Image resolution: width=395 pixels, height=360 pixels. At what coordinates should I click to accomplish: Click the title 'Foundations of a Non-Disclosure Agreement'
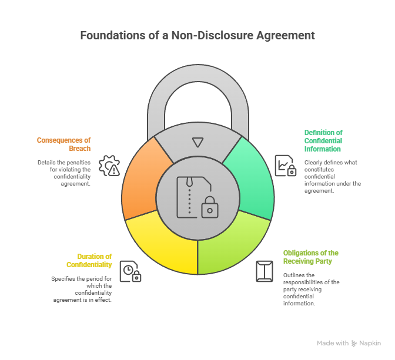pos(197,35)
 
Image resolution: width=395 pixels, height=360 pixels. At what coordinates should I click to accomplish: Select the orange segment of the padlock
pos(141,182)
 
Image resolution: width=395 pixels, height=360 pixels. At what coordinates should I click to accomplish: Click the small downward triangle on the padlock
pos(197,142)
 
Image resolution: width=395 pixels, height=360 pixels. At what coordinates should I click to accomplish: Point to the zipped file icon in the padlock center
pos(197,197)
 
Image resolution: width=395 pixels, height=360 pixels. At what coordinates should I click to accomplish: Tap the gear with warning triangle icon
pos(109,166)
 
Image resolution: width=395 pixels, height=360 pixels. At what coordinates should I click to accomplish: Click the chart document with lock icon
pos(286,166)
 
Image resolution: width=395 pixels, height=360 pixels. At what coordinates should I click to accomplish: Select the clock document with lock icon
pos(130,271)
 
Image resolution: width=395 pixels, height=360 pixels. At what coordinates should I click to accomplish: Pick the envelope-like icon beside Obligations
pos(265,271)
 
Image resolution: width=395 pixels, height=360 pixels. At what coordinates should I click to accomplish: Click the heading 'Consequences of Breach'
pos(63,144)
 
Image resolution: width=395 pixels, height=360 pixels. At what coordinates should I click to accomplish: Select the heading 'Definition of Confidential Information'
pos(323,141)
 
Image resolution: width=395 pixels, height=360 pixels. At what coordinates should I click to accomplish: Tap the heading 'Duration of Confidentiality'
pos(89,261)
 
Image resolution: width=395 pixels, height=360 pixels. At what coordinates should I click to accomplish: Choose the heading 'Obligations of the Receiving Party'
pos(311,257)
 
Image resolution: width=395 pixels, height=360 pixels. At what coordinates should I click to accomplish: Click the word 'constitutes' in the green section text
pos(319,169)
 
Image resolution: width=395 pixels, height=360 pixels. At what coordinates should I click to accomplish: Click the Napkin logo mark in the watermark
pos(354,344)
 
